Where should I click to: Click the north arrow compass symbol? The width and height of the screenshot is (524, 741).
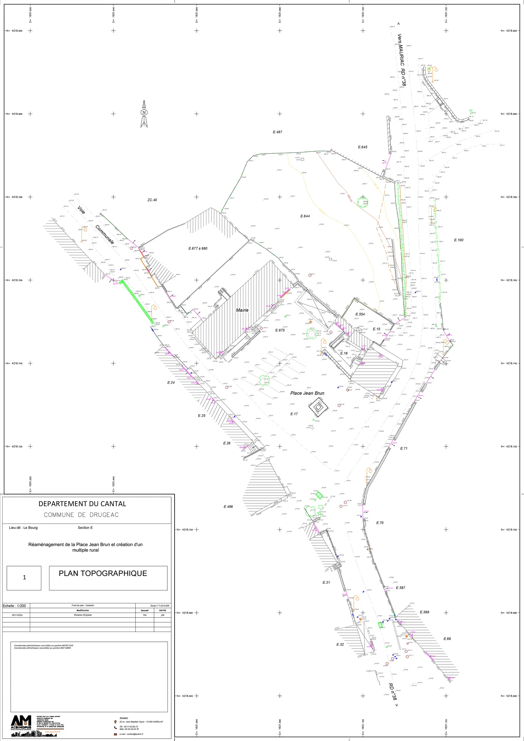(144, 114)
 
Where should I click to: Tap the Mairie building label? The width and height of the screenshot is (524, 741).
(242, 310)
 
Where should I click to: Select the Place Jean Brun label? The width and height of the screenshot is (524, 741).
(307, 393)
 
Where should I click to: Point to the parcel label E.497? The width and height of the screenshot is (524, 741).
(277, 132)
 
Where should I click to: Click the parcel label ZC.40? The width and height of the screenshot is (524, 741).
(152, 200)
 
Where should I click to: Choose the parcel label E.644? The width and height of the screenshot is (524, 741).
(305, 216)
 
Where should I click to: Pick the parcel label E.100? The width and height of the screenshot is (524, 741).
(458, 240)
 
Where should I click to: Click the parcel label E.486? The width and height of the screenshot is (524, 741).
(228, 507)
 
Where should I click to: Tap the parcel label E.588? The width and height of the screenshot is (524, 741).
(424, 612)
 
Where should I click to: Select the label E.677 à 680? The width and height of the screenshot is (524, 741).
(198, 249)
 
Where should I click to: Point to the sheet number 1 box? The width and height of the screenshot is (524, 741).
(24, 587)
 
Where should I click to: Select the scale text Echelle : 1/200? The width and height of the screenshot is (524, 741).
(14, 606)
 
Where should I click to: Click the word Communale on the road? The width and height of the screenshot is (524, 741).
(105, 234)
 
